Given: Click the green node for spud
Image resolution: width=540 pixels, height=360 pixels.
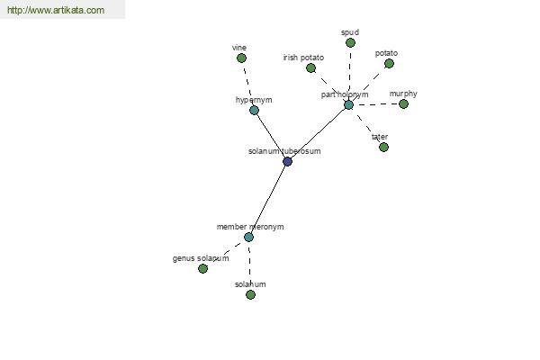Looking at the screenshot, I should (x=350, y=42).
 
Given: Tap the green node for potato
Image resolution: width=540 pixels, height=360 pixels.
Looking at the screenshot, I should (x=390, y=63).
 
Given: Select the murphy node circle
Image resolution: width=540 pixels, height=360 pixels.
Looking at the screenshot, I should (x=403, y=103).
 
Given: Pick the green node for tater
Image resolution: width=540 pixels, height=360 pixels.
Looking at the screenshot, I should (x=383, y=147).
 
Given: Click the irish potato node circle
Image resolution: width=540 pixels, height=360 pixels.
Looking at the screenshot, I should (x=310, y=67).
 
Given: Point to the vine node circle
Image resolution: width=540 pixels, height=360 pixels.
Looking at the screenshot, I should (x=241, y=58).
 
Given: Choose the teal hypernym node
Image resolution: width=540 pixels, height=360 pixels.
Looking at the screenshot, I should (x=254, y=110).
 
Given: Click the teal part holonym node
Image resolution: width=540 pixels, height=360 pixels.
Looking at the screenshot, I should (x=348, y=104).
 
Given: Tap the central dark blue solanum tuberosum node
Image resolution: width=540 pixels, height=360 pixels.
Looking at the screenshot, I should (x=287, y=161).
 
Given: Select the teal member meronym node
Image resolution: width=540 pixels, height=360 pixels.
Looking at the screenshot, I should (x=248, y=237).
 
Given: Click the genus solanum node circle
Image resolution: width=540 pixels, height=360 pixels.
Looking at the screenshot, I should (x=202, y=268).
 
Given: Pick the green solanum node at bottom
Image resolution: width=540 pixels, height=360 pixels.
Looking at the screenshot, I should (x=250, y=294).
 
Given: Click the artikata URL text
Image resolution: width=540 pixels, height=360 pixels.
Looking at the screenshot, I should (x=55, y=11).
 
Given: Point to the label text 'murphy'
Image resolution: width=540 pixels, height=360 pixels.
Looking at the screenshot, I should (x=403, y=94).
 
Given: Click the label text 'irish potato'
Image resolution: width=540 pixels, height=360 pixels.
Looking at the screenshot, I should (x=303, y=58).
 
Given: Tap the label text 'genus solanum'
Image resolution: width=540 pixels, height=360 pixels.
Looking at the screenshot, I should (x=201, y=258).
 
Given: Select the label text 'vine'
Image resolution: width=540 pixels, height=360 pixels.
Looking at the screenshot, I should (x=238, y=48).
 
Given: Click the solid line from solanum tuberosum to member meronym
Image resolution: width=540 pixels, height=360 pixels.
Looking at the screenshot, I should (x=268, y=198).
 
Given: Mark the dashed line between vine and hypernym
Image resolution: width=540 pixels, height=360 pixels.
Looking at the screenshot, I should (x=247, y=84).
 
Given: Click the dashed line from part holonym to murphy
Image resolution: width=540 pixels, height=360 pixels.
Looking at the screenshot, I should (x=376, y=104).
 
